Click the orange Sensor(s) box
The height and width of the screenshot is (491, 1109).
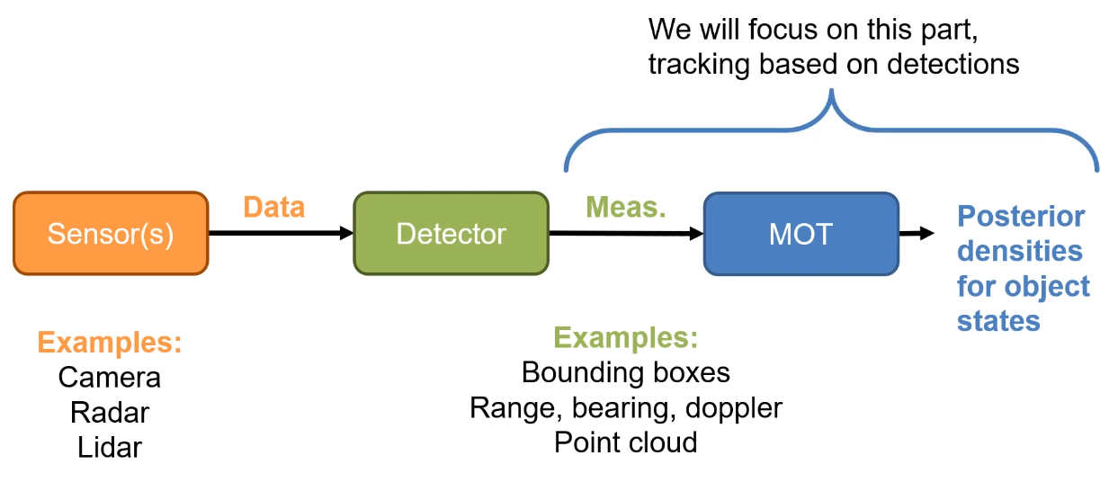[x=111, y=233]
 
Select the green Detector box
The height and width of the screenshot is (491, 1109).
[x=451, y=233]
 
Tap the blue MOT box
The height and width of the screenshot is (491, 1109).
[x=801, y=234]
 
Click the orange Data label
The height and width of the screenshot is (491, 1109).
[x=273, y=207]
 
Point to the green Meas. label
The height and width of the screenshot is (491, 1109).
[x=626, y=207]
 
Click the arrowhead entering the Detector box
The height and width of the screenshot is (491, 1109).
[x=346, y=233]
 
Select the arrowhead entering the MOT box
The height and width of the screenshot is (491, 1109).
[x=696, y=233]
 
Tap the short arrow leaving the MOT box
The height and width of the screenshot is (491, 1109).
[x=917, y=233]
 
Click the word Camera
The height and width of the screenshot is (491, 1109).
[x=110, y=378]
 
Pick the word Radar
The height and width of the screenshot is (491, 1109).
[x=110, y=413]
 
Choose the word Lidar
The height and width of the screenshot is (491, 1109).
[x=110, y=448]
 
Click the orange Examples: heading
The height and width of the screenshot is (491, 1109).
[x=110, y=343]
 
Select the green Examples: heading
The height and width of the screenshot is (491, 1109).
[x=626, y=337]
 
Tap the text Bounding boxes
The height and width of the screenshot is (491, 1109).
[x=626, y=372]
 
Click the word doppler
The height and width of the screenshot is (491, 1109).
[x=734, y=409]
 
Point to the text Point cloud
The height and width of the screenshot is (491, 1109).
[x=626, y=442]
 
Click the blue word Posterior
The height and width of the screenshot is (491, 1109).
[x=1021, y=217]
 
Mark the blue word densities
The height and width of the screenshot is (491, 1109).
[x=1020, y=251]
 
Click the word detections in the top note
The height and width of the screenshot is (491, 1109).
[x=953, y=65]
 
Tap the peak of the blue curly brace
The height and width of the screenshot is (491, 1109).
[x=832, y=91]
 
